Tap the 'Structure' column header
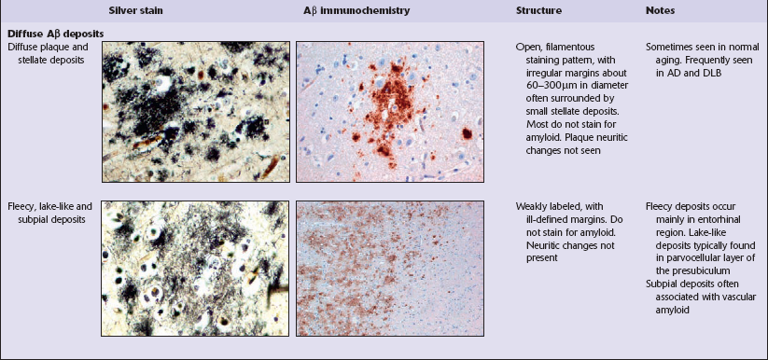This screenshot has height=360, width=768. coord(538,10)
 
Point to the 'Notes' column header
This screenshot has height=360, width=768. coord(660,10)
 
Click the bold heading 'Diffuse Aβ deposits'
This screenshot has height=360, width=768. coord(55,35)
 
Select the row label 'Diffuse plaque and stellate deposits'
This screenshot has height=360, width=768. coord(48,53)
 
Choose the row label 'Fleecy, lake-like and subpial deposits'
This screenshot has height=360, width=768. coord(50,213)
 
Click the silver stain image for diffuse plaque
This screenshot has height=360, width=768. coord(196,112)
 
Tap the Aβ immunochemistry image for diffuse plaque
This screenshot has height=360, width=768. coord(390,112)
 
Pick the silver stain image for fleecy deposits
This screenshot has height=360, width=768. coord(196,269)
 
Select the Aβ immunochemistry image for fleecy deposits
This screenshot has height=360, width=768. coord(390,269)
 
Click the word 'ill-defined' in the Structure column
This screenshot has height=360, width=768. coord(548,219)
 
